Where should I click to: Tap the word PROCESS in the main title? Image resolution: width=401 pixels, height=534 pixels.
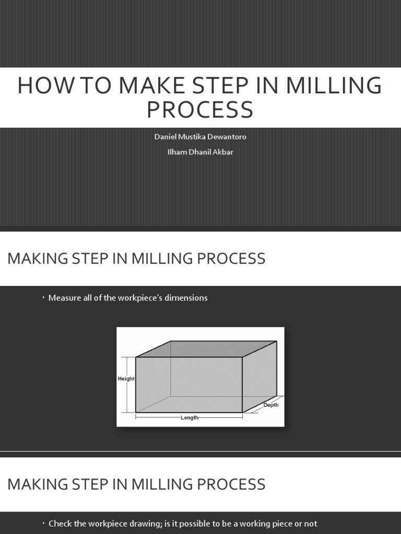pyautogui.click(x=200, y=110)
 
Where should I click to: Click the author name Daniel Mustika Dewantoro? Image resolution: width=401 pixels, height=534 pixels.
pyautogui.click(x=200, y=137)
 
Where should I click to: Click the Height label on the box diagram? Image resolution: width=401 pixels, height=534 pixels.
pyautogui.click(x=126, y=379)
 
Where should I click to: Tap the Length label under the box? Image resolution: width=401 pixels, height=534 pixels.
pyautogui.click(x=190, y=418)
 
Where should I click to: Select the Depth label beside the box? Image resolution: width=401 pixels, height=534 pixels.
pyautogui.click(x=271, y=405)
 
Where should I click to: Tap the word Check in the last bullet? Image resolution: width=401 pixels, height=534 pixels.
pyautogui.click(x=60, y=524)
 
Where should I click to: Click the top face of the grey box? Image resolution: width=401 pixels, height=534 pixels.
pyautogui.click(x=206, y=349)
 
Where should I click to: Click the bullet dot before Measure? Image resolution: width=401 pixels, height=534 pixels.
pyautogui.click(x=44, y=298)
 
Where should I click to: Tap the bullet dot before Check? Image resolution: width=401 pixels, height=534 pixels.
pyautogui.click(x=44, y=523)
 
